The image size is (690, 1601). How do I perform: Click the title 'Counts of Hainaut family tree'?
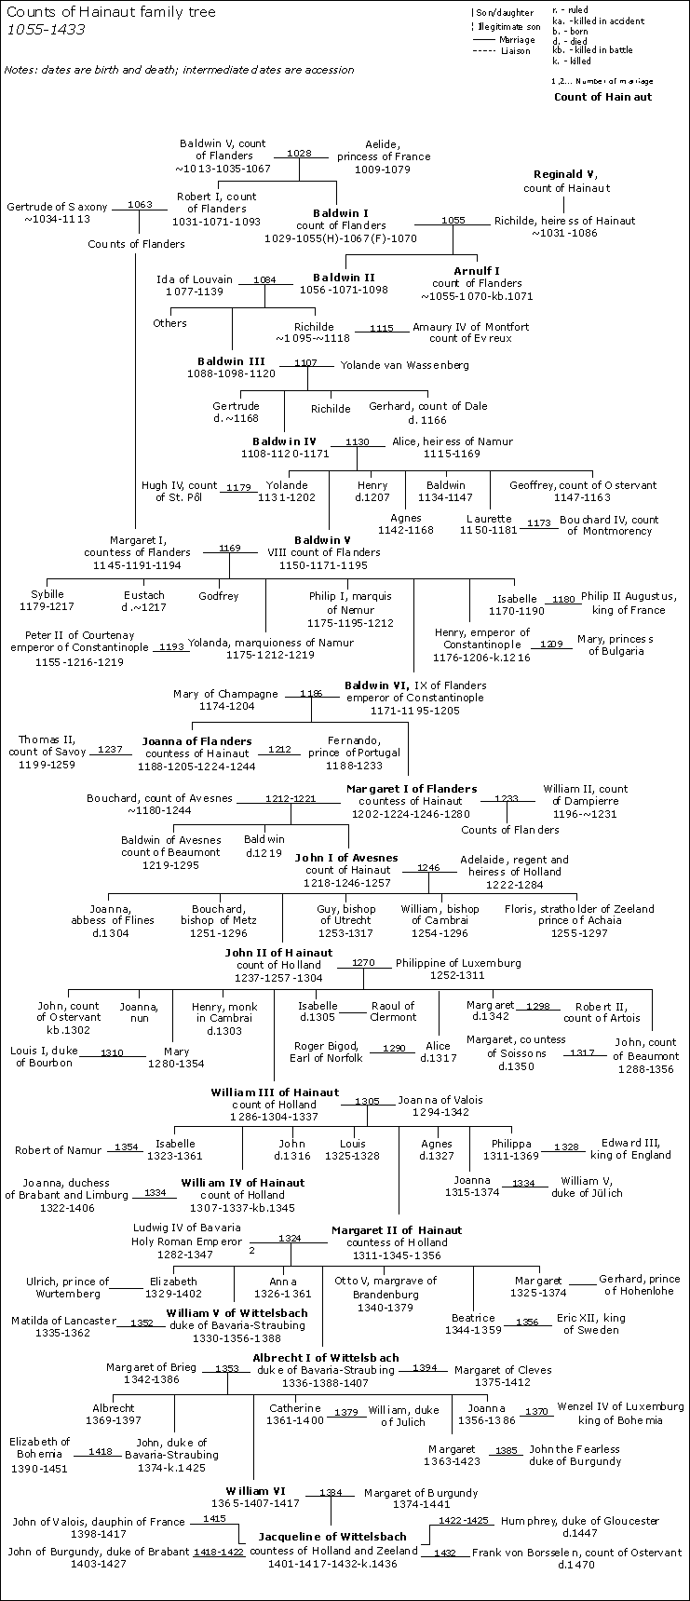coord(111,12)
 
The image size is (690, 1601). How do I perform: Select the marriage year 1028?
coord(299,153)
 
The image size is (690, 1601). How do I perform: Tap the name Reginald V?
coord(565,174)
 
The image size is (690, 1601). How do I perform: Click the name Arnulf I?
coord(477,271)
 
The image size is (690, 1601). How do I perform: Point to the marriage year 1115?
coord(382,329)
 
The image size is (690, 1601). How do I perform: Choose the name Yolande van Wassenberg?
coord(404,365)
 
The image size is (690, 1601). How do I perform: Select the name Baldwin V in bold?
coord(322,540)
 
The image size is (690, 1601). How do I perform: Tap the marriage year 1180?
coord(563,600)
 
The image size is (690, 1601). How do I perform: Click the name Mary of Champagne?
coord(225,694)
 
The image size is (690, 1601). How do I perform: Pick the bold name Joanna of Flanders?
coord(196,741)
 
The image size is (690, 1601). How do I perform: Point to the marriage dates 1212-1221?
coord(291,798)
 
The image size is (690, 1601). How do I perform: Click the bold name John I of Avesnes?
coord(345,858)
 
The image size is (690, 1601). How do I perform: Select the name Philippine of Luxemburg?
coord(458,963)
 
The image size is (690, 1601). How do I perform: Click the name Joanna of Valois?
coord(440,1100)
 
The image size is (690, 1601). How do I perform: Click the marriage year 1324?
coord(290,1239)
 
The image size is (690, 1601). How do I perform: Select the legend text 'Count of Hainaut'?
coord(603,97)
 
